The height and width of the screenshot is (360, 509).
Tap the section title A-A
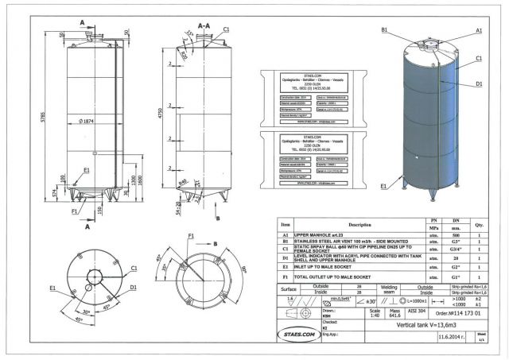[204, 26]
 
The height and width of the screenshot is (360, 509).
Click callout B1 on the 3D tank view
[384, 29]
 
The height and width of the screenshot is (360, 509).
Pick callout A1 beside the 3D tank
[479, 29]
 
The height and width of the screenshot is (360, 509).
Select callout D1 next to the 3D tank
[480, 83]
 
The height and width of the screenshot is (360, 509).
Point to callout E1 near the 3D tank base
[384, 186]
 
